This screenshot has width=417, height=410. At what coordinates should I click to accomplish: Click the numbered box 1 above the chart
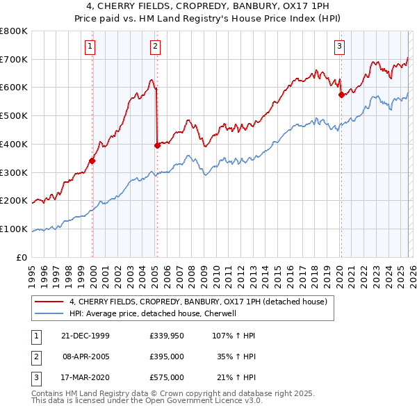coord(91,47)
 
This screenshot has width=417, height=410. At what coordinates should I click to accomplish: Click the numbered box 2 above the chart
coord(154,47)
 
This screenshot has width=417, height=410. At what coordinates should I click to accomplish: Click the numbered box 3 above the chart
coord(339,47)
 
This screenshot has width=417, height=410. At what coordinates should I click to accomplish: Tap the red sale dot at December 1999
coord(92,161)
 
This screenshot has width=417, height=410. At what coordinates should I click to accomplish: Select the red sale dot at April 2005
coord(157,145)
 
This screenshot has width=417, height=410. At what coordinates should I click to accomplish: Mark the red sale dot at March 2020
coord(341,95)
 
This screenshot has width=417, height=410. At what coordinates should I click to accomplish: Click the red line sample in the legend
coord(49,302)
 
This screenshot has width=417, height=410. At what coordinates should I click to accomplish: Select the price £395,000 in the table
coord(166,356)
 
